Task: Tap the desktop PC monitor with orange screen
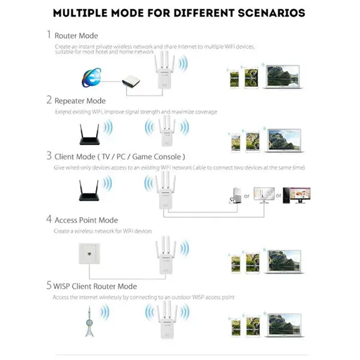tap(296, 194)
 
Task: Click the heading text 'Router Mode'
tap(76, 36)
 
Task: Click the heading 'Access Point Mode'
tap(86, 220)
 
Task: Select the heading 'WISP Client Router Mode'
tap(95, 286)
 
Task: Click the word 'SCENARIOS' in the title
tap(262, 13)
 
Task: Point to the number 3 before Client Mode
tap(49, 155)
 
